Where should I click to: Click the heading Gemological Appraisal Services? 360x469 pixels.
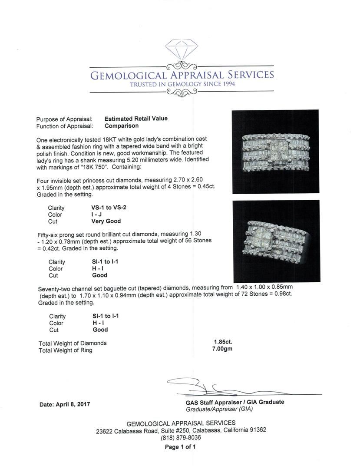click(182, 75)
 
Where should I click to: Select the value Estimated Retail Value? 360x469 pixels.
click(136, 119)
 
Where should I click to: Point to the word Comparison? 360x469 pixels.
click(122, 126)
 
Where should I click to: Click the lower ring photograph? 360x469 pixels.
click(276, 241)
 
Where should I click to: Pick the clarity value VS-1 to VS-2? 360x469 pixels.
click(106, 208)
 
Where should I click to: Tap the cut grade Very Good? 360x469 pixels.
click(103, 221)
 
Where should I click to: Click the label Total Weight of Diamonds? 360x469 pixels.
click(73, 343)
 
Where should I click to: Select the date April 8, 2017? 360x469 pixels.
click(65, 404)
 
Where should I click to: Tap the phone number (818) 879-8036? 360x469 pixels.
click(181, 438)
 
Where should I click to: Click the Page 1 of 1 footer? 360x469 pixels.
click(180, 447)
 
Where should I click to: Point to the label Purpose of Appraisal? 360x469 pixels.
click(64, 119)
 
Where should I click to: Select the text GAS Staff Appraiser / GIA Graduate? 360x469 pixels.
click(234, 402)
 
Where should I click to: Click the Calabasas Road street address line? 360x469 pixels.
click(181, 430)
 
